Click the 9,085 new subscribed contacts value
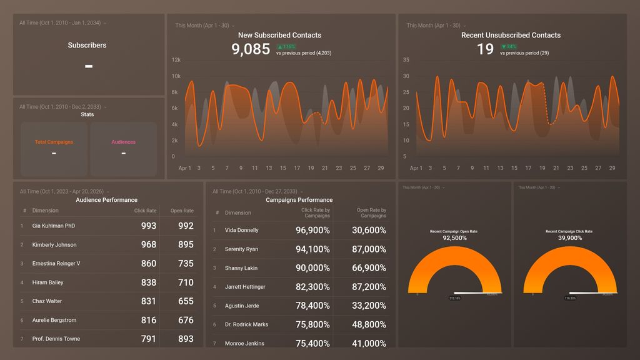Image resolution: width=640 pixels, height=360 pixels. coord(251,49)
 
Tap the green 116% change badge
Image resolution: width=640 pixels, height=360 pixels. coord(286,47)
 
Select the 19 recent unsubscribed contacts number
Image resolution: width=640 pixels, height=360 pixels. coord(485,49)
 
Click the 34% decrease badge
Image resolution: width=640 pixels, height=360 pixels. coord(509,47)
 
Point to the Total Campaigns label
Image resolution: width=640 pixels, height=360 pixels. coord(54,142)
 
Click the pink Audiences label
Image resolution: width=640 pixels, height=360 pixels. coord(123,142)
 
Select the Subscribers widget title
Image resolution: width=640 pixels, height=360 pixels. coord(87,45)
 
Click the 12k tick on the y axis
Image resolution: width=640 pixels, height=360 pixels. coord(176,60)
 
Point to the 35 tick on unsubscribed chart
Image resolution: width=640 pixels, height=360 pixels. coord(406,60)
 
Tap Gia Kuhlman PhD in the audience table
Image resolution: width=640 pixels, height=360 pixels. coord(54,226)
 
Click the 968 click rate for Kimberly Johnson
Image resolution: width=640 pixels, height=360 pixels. coord(148,244)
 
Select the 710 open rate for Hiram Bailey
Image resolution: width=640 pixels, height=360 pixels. coord(186,282)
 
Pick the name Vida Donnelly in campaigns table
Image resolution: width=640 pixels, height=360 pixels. coord(241,230)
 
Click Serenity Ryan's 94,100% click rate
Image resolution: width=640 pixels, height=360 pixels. coord(312,249)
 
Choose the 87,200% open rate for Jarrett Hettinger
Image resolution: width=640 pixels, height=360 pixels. coord(369,287)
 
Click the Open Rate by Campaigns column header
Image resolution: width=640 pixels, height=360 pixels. coord(371,213)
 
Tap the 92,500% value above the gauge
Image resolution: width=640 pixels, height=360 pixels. coord(454,238)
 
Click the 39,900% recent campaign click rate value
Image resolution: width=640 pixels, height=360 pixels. coord(569,238)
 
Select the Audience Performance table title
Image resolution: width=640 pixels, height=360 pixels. coord(106,200)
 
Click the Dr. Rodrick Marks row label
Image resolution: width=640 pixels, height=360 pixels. coord(246,324)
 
